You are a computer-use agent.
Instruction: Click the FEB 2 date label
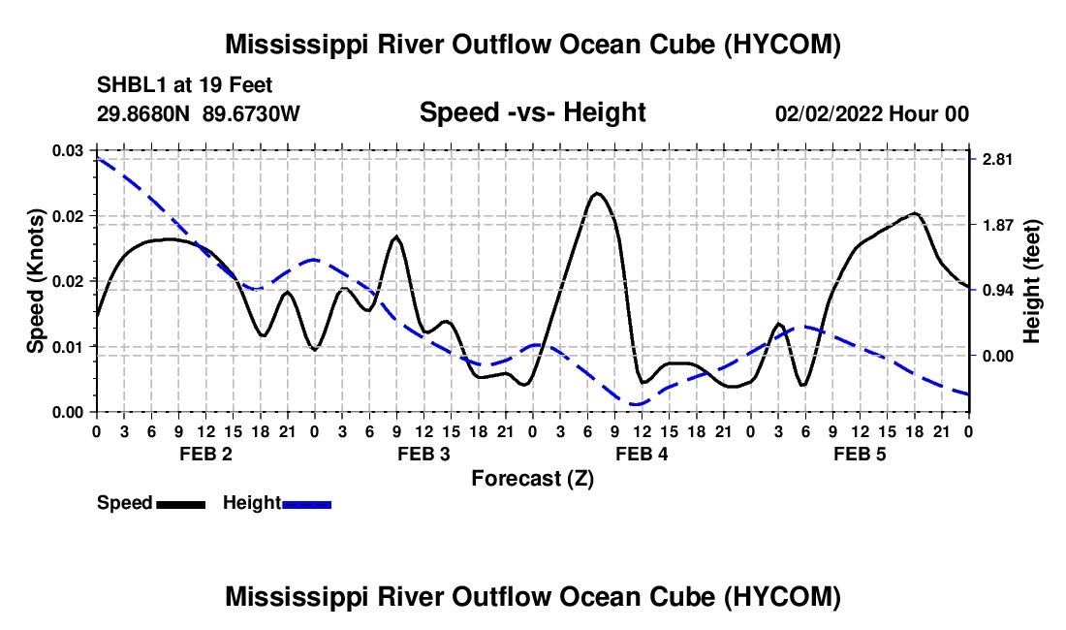click(x=206, y=454)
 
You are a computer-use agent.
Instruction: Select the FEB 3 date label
click(x=424, y=454)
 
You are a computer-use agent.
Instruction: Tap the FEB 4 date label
click(x=642, y=454)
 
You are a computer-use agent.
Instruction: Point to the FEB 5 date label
click(x=860, y=454)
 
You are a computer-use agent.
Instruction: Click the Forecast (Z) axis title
click(x=532, y=479)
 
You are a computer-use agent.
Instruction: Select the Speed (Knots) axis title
click(x=35, y=281)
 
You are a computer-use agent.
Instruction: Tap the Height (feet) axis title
click(x=1031, y=281)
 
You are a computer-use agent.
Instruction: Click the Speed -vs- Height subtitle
click(x=532, y=112)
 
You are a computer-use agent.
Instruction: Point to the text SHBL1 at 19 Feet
click(x=184, y=85)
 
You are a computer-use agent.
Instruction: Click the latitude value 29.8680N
click(x=142, y=113)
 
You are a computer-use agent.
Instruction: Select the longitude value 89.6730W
click(x=251, y=113)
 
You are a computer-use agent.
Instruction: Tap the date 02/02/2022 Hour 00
click(x=871, y=113)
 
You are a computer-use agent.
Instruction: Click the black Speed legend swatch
click(x=181, y=504)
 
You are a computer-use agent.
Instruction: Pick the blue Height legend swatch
click(x=306, y=504)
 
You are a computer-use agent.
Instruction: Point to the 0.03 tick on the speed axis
click(x=68, y=150)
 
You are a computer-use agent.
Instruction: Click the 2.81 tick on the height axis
click(x=997, y=159)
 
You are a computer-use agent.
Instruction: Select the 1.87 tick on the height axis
click(x=997, y=225)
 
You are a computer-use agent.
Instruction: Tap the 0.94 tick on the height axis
click(x=997, y=290)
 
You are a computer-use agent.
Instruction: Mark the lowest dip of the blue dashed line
click(x=637, y=404)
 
